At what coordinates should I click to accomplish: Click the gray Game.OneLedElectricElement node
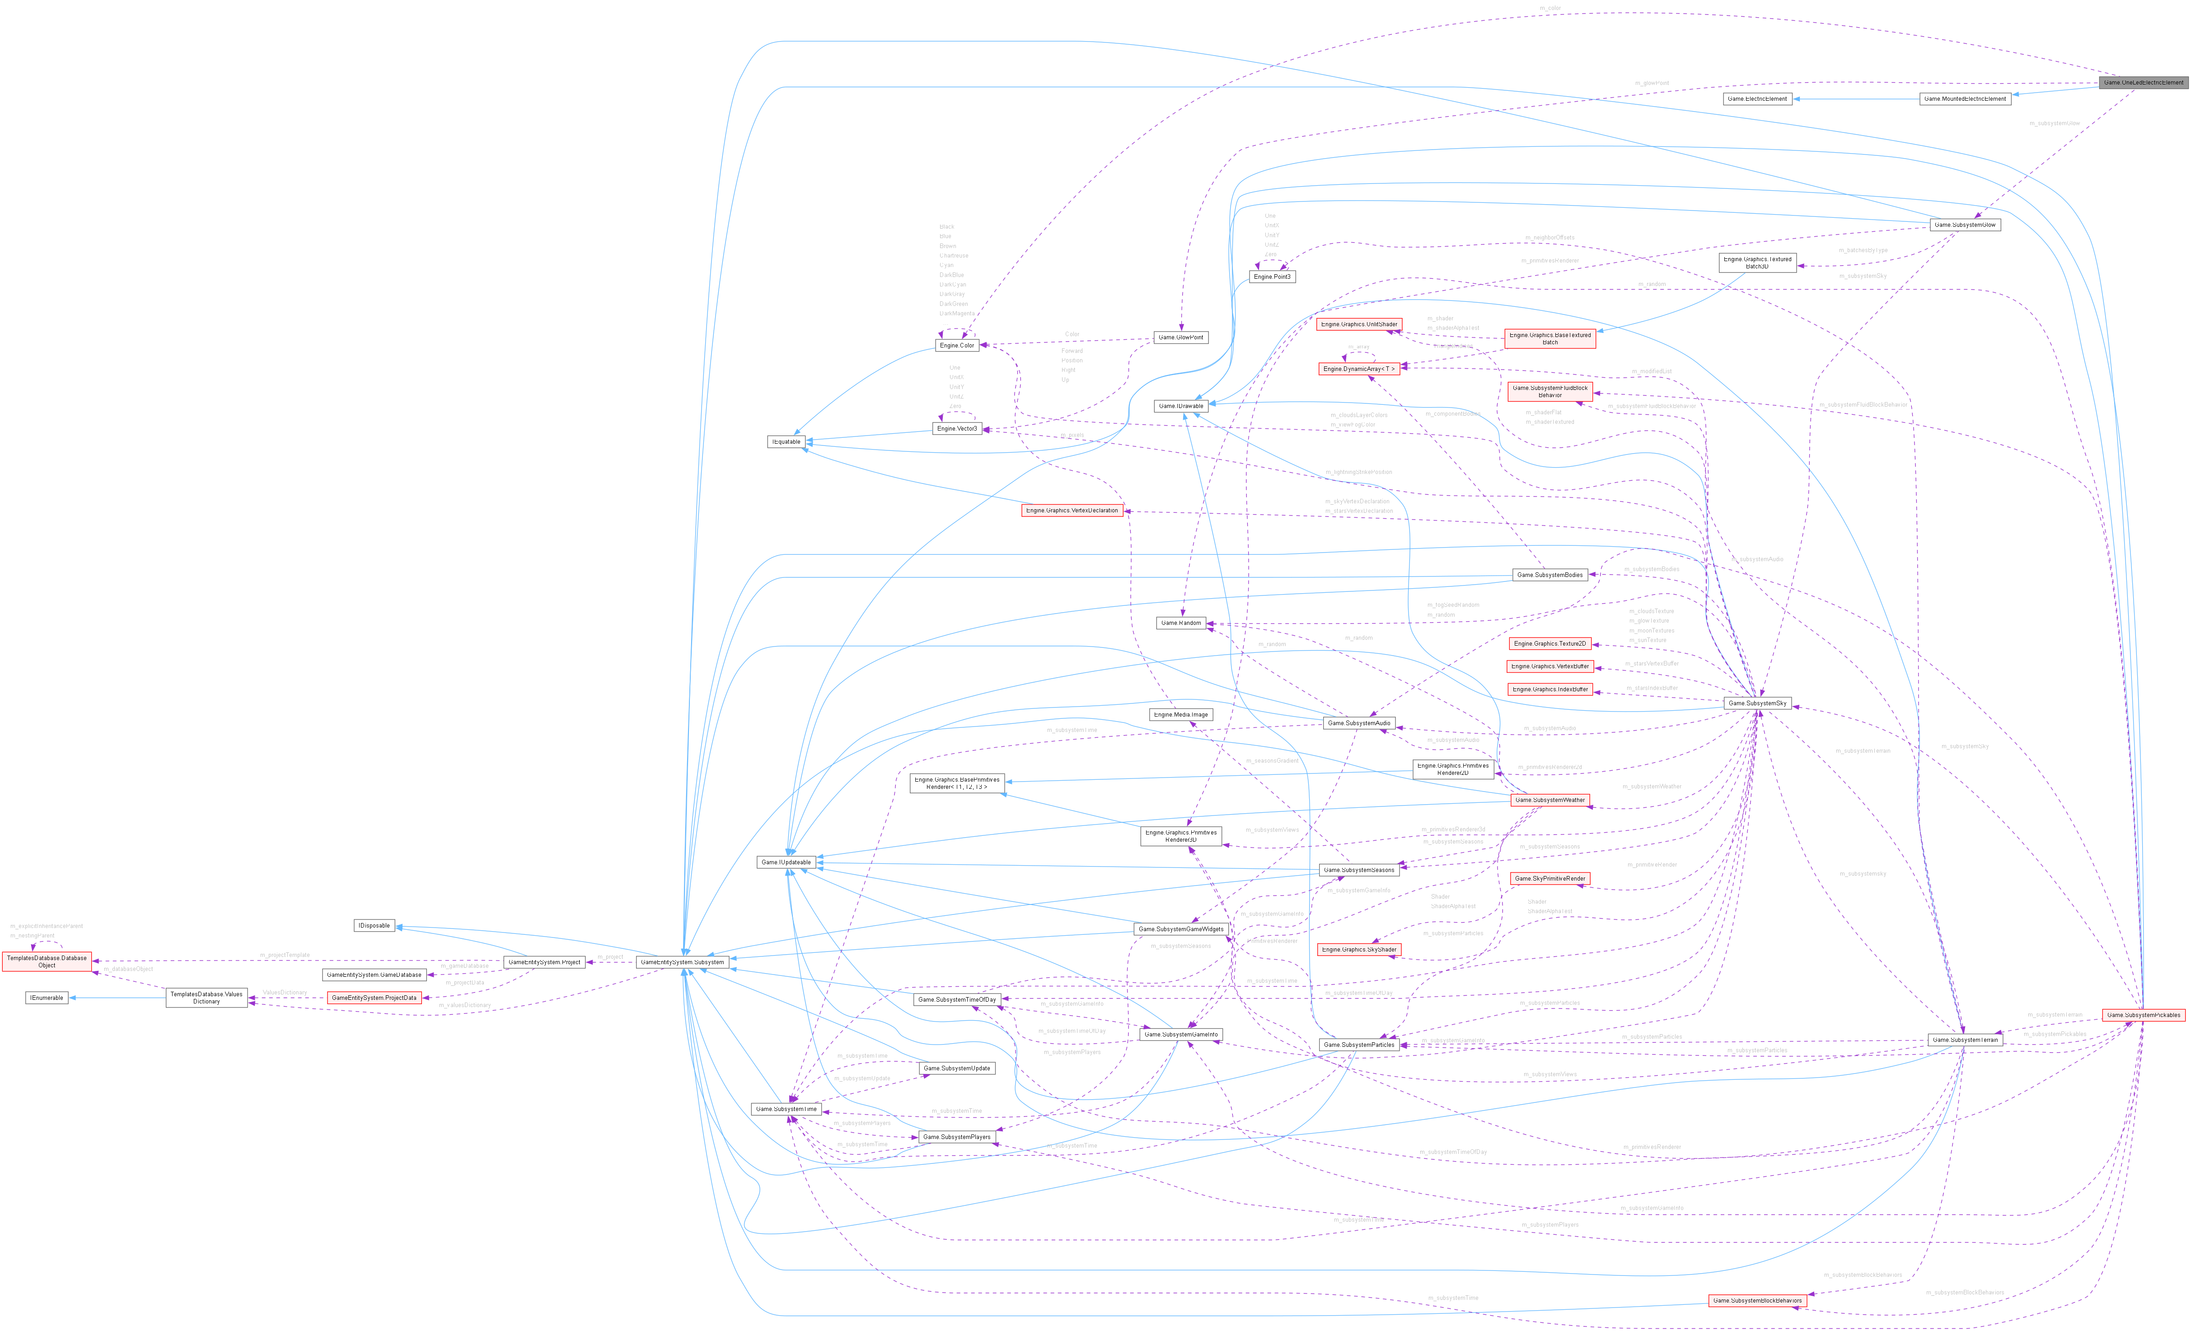point(2143,83)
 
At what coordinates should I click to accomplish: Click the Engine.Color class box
point(956,345)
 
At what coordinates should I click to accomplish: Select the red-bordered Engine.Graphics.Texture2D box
point(1550,644)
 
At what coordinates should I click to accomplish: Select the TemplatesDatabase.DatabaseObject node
point(47,961)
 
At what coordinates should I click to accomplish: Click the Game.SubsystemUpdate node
point(956,1068)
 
